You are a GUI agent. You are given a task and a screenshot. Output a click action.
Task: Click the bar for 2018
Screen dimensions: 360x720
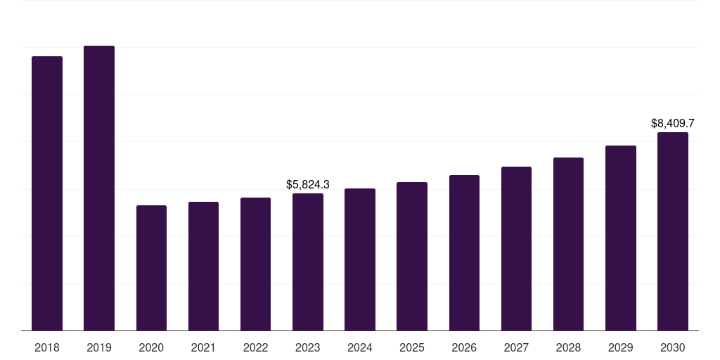click(x=47, y=193)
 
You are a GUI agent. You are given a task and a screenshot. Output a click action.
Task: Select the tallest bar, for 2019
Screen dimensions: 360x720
click(x=99, y=188)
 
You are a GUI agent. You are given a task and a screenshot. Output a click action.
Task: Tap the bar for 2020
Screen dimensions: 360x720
click(x=151, y=268)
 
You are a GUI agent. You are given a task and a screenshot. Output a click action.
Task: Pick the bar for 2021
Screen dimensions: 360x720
click(x=203, y=266)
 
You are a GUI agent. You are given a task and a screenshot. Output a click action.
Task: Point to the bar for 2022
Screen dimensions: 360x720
click(x=255, y=264)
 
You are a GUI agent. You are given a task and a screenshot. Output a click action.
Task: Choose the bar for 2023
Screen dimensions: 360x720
click(x=307, y=262)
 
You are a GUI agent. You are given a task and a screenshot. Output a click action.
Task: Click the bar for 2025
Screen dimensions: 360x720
click(x=411, y=256)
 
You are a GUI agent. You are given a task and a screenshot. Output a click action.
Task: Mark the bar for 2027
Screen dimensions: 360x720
click(x=516, y=248)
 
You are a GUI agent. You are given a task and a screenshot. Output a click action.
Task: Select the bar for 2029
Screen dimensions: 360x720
click(x=620, y=238)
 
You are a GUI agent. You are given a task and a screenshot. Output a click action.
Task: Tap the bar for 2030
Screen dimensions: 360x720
click(x=672, y=231)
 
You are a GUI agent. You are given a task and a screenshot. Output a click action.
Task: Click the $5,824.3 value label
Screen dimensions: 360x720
click(x=308, y=184)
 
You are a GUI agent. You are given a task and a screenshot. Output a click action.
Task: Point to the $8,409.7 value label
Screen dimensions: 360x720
click(x=673, y=124)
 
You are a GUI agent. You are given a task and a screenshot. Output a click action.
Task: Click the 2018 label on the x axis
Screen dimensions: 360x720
click(x=47, y=347)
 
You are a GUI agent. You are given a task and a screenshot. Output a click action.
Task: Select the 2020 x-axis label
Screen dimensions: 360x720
click(x=151, y=347)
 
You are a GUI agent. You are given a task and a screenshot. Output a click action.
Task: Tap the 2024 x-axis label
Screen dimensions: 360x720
click(x=359, y=347)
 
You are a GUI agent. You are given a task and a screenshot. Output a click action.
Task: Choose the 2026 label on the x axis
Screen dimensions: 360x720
click(x=464, y=347)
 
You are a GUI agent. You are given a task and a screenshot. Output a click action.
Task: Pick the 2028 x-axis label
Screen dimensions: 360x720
click(x=568, y=347)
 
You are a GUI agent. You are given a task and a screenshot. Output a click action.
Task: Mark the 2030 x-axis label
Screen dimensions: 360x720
click(x=672, y=347)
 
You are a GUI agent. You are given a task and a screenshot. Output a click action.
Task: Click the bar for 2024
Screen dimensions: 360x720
click(x=359, y=259)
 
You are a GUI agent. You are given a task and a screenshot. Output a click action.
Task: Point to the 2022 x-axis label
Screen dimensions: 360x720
click(x=255, y=347)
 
